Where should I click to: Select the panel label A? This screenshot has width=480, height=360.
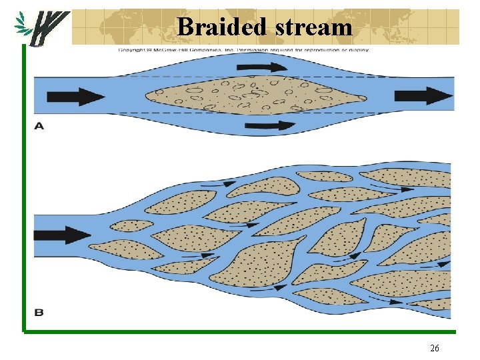(39, 125)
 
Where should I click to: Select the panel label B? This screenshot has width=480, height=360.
(39, 311)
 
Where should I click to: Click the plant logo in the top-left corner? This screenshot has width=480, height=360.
(41, 29)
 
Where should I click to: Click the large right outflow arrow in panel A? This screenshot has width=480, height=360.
(423, 96)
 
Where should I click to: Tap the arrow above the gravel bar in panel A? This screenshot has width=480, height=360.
(269, 67)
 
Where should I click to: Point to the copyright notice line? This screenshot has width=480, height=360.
(243, 49)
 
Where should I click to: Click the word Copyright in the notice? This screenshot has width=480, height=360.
(133, 49)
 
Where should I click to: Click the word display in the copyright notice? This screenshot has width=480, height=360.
(355, 49)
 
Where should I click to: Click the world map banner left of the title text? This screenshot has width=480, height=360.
(123, 27)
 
